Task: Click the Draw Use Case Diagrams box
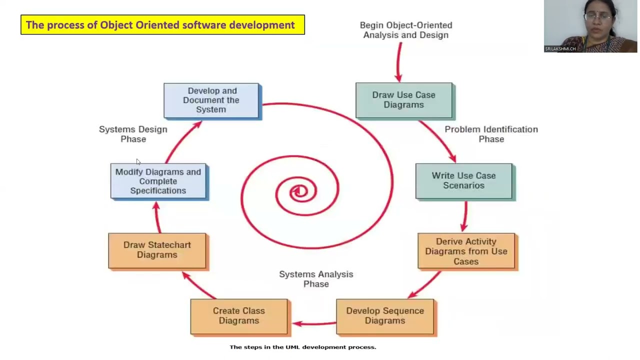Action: click(x=403, y=100)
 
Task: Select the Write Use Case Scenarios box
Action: click(x=463, y=180)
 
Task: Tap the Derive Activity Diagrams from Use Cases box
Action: click(x=466, y=251)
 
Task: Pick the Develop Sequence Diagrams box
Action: click(x=385, y=316)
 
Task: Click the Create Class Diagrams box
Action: click(x=239, y=316)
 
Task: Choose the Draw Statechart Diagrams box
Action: click(x=157, y=250)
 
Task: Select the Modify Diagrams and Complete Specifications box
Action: click(x=158, y=181)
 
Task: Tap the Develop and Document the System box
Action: click(x=211, y=100)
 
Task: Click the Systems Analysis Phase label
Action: click(x=316, y=279)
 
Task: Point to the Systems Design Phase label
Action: click(x=133, y=134)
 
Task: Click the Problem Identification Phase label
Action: click(x=491, y=134)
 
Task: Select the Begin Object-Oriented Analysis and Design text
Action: click(x=406, y=30)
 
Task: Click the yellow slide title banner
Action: click(x=162, y=25)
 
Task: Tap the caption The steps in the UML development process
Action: click(x=302, y=347)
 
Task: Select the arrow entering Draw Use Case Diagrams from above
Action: click(x=399, y=62)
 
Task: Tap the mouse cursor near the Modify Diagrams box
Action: click(x=138, y=161)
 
